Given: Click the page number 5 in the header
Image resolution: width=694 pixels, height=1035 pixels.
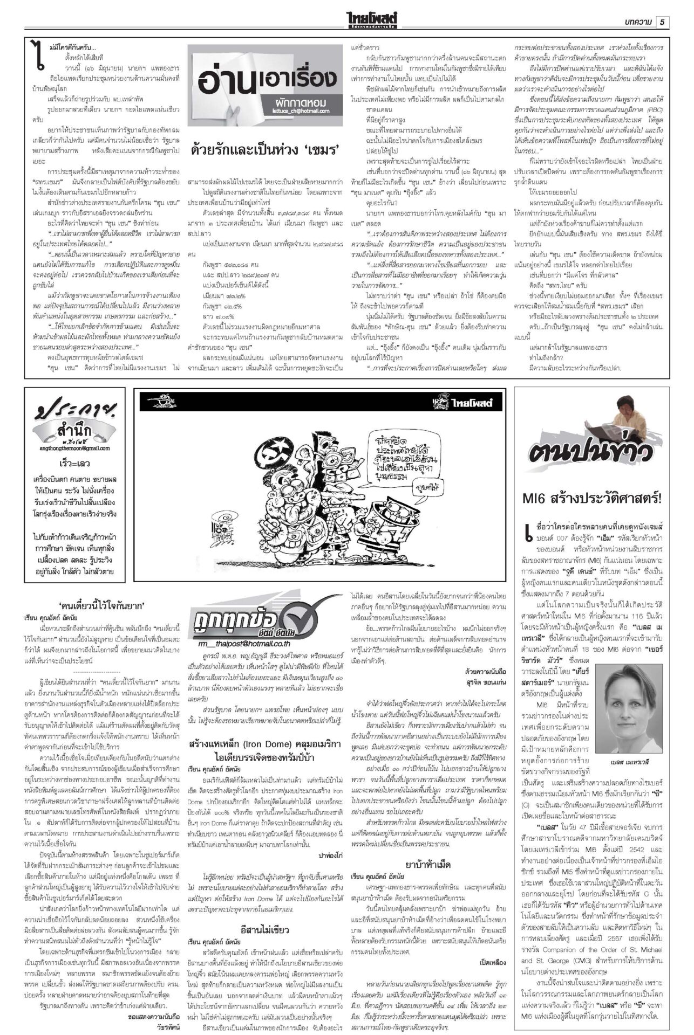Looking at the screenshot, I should coord(662,22).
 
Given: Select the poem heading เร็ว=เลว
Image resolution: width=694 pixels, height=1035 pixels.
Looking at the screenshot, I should coord(76,464).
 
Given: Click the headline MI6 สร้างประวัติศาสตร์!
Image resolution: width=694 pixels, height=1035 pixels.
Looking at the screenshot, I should coord(591,499).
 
